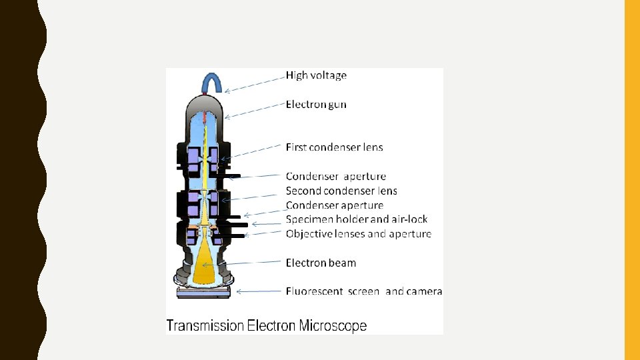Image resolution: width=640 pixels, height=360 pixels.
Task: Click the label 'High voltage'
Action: [x=316, y=75]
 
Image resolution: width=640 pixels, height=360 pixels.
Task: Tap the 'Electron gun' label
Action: [x=316, y=105]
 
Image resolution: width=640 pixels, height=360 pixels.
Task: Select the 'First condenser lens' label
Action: [x=334, y=147]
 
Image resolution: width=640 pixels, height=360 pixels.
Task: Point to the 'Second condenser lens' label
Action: [x=341, y=191]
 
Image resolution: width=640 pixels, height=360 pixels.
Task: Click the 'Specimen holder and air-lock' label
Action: [x=357, y=219]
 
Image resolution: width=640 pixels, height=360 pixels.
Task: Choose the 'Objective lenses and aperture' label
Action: [x=358, y=234]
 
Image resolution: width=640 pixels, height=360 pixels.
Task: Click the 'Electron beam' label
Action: [x=321, y=263]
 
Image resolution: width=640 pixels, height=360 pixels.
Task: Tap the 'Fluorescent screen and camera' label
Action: [x=364, y=291]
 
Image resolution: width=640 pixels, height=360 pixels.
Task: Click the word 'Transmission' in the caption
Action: [x=205, y=326]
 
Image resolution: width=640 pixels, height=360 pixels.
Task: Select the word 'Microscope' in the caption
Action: [x=333, y=326]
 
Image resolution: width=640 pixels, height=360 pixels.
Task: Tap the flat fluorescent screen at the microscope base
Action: [x=204, y=292]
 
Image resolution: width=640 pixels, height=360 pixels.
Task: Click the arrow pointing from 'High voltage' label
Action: [x=253, y=83]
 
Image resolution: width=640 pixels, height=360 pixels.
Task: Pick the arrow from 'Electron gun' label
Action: [x=253, y=111]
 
